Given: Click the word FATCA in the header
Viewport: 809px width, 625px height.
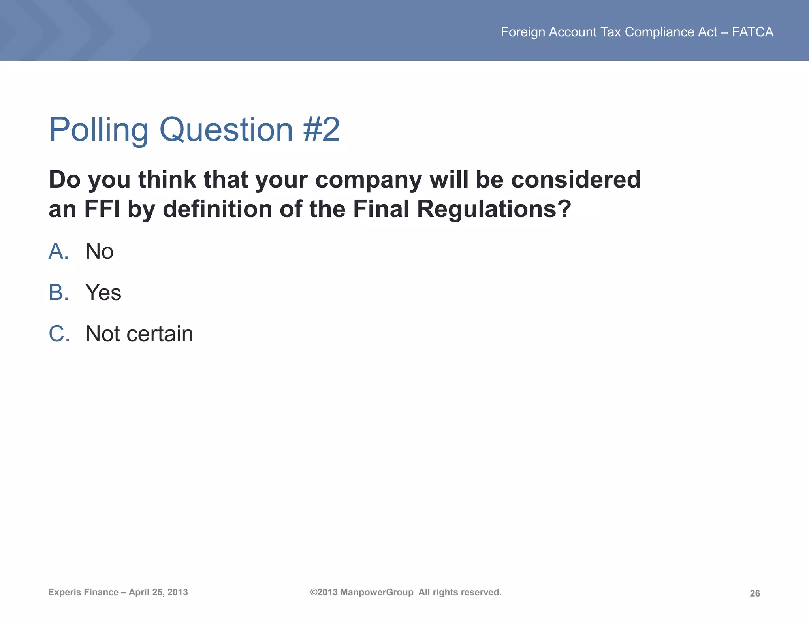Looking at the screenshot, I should [753, 32].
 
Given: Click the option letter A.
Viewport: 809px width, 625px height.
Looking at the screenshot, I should [58, 251].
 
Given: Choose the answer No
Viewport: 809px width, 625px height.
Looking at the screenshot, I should [100, 251].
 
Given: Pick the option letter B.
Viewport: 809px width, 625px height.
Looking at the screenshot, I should [58, 293].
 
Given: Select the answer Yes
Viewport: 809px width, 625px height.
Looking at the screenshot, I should [103, 293].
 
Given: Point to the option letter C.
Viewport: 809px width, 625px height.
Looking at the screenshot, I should [59, 334].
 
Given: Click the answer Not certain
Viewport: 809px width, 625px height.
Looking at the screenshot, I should [139, 334].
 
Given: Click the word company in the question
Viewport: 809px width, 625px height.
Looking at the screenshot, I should [369, 180].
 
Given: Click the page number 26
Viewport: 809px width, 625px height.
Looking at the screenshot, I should [754, 593].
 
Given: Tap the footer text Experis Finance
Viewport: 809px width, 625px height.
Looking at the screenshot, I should [83, 592].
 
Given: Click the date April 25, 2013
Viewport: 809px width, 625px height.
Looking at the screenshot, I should [158, 592].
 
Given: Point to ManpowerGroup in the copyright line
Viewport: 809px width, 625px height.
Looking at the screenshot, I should [376, 592].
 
